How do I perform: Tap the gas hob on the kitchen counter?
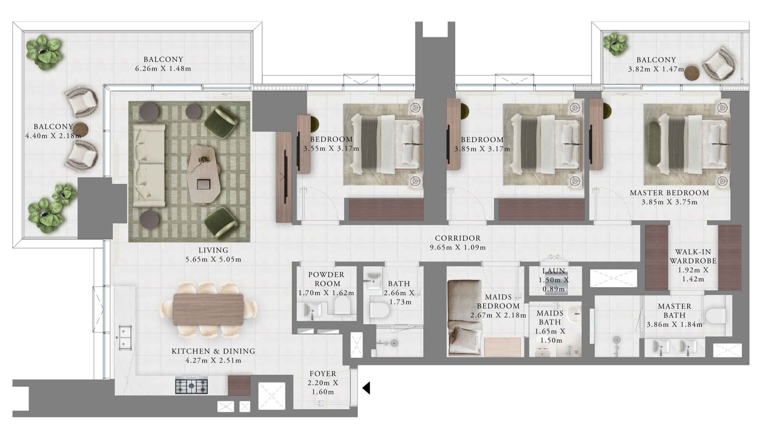click(x=191, y=385)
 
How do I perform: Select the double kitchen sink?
click(x=125, y=337)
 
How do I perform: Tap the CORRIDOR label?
click(x=458, y=238)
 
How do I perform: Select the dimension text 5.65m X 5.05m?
click(x=213, y=259)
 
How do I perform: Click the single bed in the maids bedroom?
click(x=464, y=318)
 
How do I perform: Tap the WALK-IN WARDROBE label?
click(x=693, y=256)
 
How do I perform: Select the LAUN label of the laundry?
click(x=554, y=271)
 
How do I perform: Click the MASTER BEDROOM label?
click(x=669, y=193)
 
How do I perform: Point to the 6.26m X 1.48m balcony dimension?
click(x=163, y=69)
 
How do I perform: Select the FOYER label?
click(x=323, y=374)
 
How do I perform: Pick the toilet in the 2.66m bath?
click(x=380, y=311)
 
